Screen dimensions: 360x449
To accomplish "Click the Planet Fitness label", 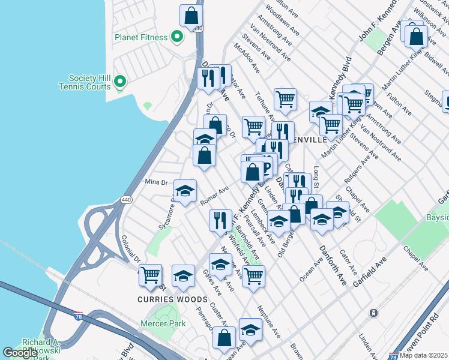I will pyautogui.click(x=141, y=37).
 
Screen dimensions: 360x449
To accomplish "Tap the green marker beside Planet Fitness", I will pyautogui.click(x=176, y=37).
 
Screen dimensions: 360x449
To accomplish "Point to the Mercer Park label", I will pyautogui.click(x=163, y=324).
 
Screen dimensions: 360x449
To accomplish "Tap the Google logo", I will pyautogui.click(x=20, y=353).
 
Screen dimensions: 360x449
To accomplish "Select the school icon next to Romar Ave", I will pyautogui.click(x=185, y=191).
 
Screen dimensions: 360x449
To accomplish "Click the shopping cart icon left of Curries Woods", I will pyautogui.click(x=150, y=275).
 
